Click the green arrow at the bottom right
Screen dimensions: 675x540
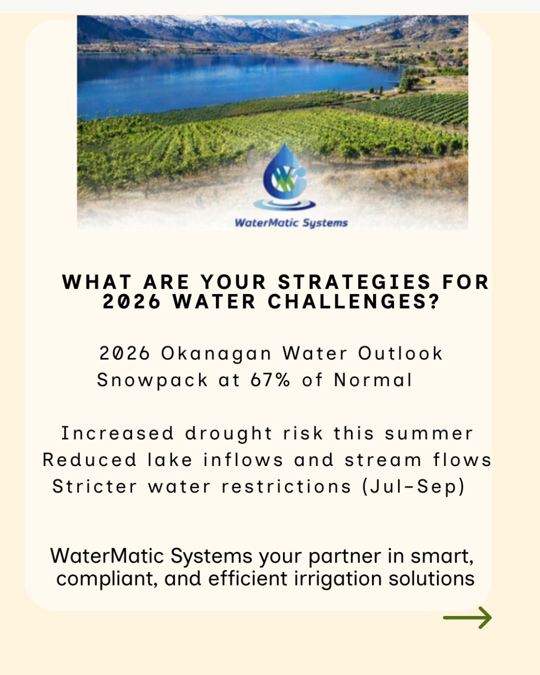pyautogui.click(x=467, y=618)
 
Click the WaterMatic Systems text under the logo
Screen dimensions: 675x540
pyautogui.click(x=291, y=223)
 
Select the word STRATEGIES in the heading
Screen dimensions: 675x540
pyautogui.click(x=354, y=282)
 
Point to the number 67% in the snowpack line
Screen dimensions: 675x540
pyautogui.click(x=270, y=380)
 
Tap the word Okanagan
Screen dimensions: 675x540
pyautogui.click(x=216, y=354)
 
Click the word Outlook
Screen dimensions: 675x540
pyautogui.click(x=400, y=353)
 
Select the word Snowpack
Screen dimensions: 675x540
pyautogui.click(x=152, y=380)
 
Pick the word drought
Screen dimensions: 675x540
pyautogui.click(x=229, y=433)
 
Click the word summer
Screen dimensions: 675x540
pyautogui.click(x=428, y=433)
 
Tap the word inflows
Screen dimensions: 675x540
pyautogui.click(x=243, y=460)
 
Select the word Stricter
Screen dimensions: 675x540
pyautogui.click(x=94, y=486)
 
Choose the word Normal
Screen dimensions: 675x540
pyautogui.click(x=373, y=380)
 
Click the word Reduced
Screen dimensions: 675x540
pyautogui.click(x=89, y=460)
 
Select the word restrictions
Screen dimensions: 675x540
pyautogui.click(x=286, y=486)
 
